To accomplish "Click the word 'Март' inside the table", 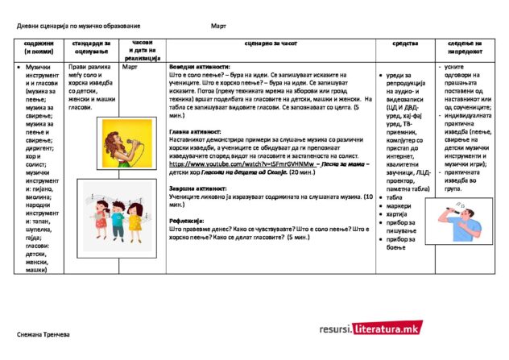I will pos(130,68).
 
